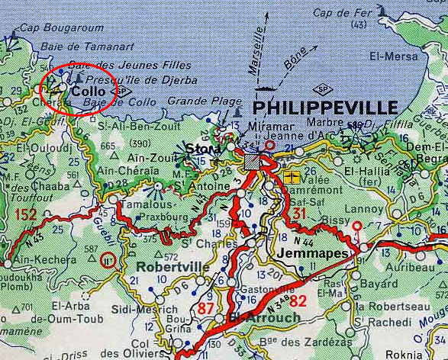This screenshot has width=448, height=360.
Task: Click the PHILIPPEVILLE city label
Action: tap(324, 107)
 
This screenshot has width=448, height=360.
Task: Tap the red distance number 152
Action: tap(25, 215)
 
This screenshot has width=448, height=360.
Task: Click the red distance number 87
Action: tap(206, 307)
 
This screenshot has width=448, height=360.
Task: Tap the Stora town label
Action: tap(200, 148)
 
